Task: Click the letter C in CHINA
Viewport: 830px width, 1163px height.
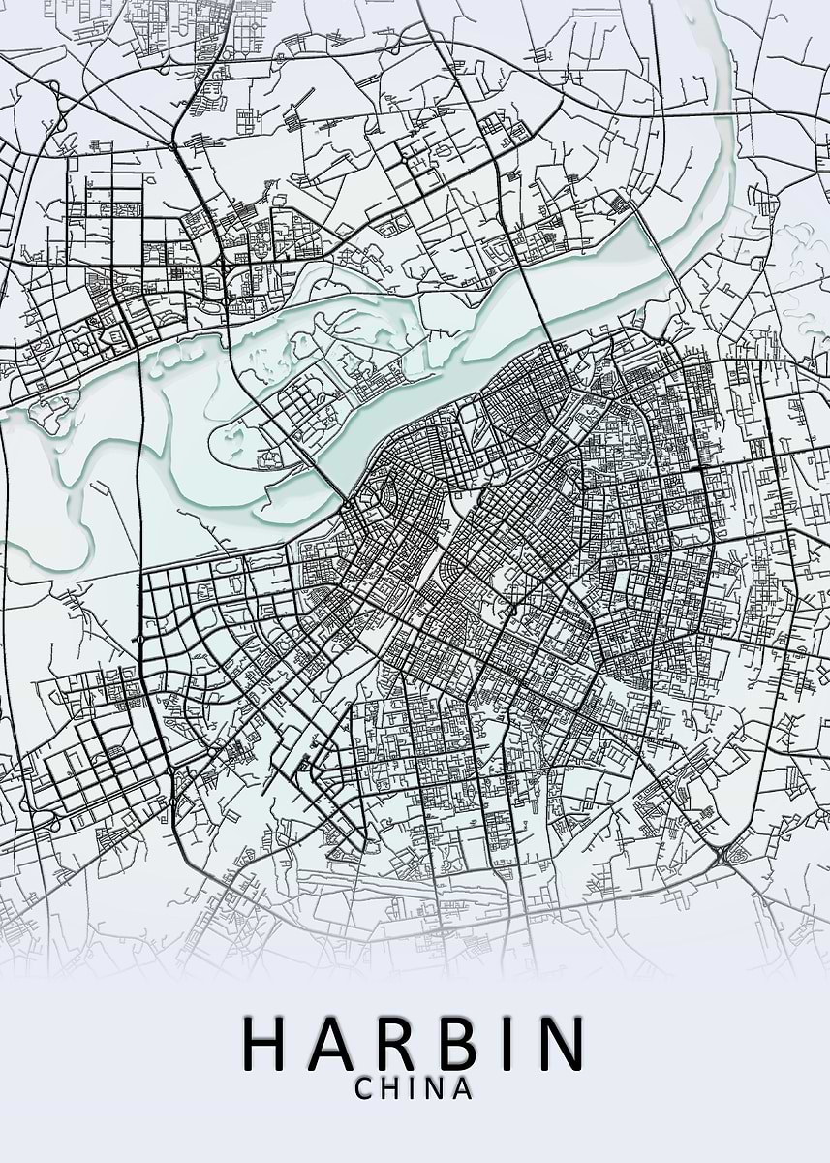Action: (365, 1088)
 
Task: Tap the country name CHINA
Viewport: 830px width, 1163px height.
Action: (414, 1088)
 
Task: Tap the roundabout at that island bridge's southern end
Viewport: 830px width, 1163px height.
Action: (346, 505)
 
